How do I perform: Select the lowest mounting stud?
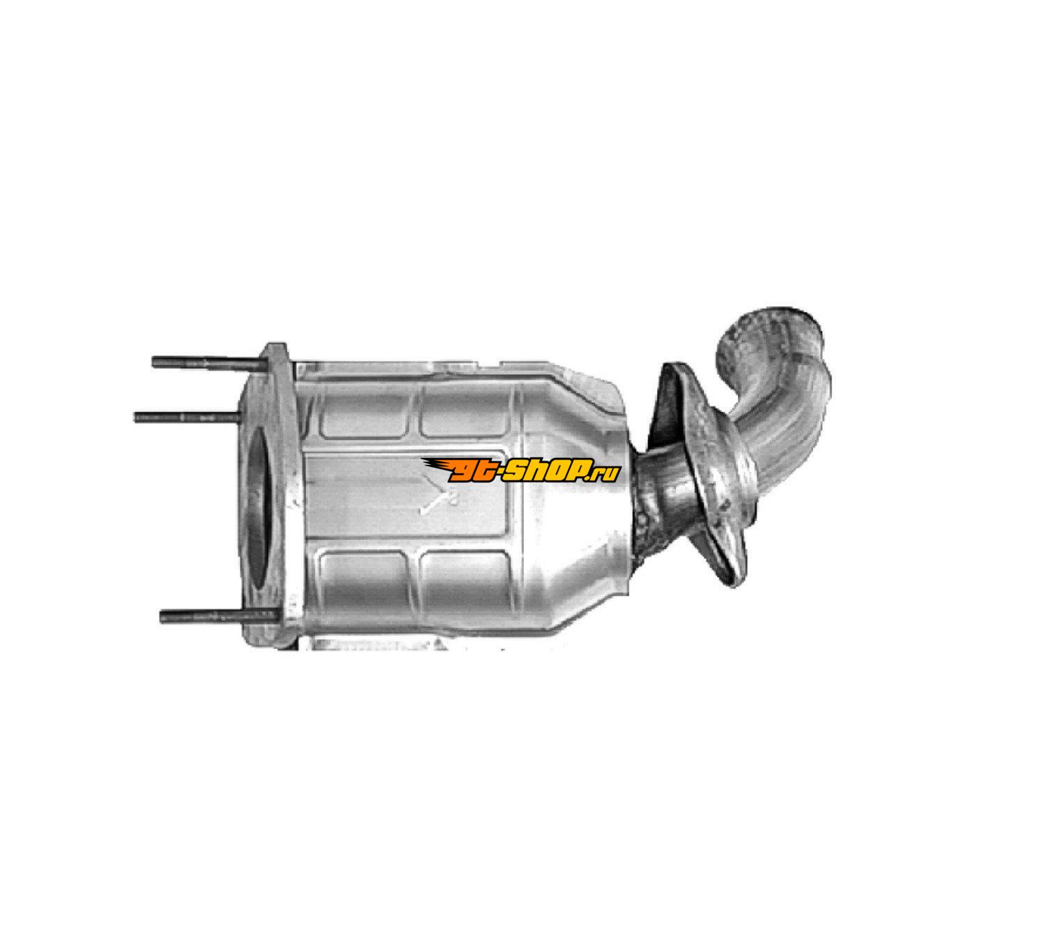(219, 616)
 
